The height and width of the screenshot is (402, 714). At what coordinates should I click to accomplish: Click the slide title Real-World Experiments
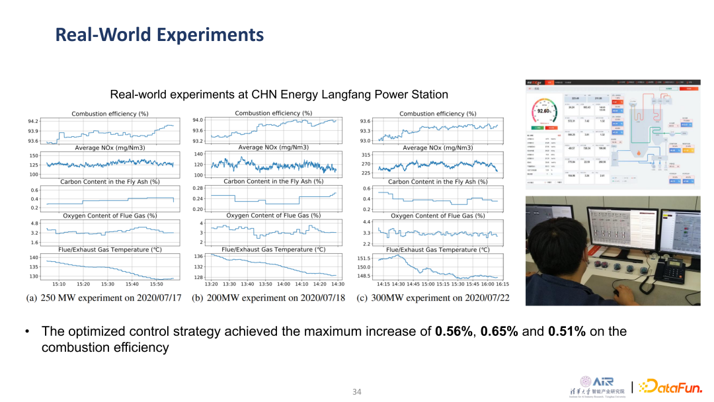coord(159,34)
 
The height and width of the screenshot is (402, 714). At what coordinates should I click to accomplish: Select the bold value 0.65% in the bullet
coord(499,331)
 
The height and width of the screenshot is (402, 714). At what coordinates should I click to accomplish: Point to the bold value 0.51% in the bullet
coord(567,331)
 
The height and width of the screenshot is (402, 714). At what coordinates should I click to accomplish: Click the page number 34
coord(357,392)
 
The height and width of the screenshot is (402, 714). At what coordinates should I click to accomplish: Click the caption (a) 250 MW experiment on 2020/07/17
coord(104,298)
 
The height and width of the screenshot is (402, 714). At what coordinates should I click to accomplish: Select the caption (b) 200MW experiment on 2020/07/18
coord(267,298)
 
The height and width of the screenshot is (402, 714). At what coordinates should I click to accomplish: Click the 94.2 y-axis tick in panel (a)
coord(33,122)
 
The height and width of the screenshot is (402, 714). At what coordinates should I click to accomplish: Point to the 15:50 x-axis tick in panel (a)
coord(156,284)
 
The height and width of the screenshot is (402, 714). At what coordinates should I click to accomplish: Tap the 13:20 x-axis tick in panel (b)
coord(211,284)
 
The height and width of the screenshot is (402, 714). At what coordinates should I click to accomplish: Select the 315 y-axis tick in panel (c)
coord(366,155)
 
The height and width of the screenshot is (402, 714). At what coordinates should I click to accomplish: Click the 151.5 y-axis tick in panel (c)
coord(364,259)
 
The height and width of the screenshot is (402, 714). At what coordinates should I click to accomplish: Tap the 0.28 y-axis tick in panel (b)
coord(198,188)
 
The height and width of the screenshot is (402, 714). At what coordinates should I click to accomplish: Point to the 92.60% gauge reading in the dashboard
coord(545,111)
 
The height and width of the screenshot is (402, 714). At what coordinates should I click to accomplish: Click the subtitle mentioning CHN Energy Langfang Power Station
coord(279,95)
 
